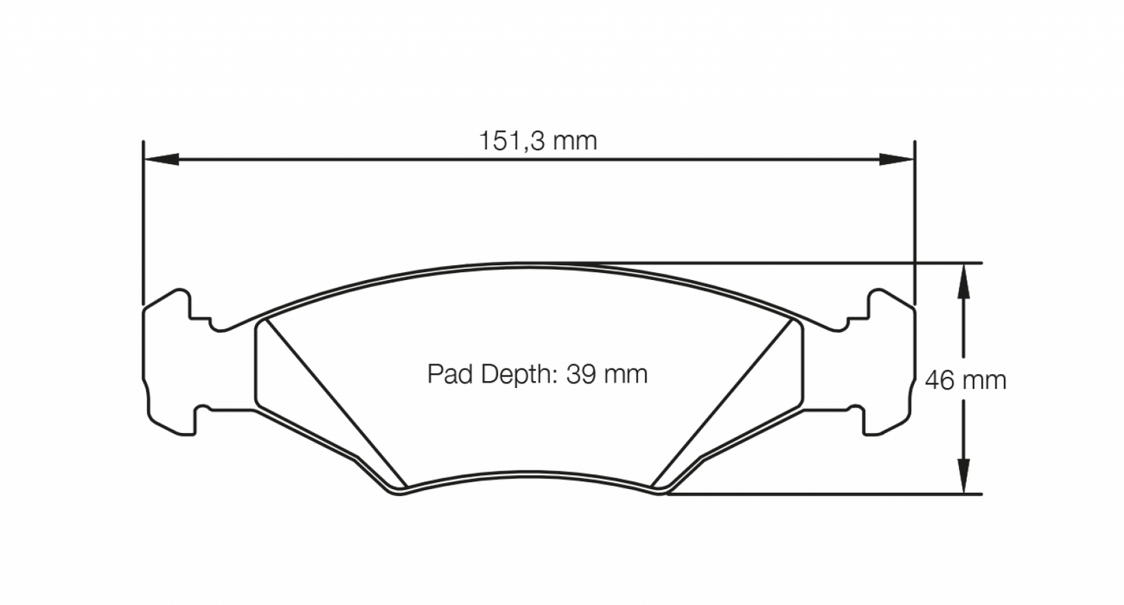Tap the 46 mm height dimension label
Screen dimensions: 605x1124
point(965,380)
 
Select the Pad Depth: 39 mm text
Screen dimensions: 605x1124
point(537,374)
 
